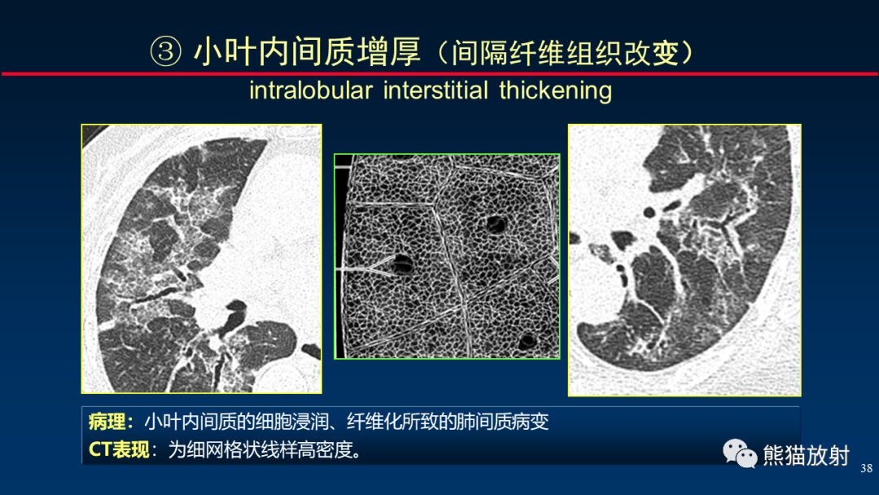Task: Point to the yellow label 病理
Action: pyautogui.click(x=109, y=422)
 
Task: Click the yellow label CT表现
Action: pyautogui.click(x=119, y=449)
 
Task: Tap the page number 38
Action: pyautogui.click(x=865, y=467)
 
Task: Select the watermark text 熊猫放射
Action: pyautogui.click(x=806, y=455)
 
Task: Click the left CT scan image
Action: pyautogui.click(x=201, y=258)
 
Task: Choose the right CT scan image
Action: pyautogui.click(x=684, y=260)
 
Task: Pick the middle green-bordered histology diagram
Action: pyautogui.click(x=447, y=256)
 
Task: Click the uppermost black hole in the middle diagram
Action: pyautogui.click(x=493, y=223)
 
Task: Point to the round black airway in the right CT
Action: pyautogui.click(x=649, y=212)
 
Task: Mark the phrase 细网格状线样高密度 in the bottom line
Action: pyautogui.click(x=269, y=449)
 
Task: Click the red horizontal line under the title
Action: pyautogui.click(x=439, y=73)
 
